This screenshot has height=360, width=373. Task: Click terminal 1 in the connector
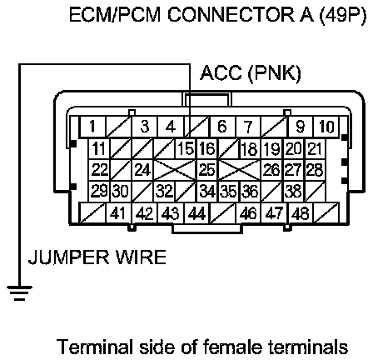(x=92, y=127)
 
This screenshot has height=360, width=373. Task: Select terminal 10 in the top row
(x=326, y=127)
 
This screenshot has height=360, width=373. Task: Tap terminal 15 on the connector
(x=186, y=148)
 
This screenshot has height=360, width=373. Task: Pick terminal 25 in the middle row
(x=207, y=170)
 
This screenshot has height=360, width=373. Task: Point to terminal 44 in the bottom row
(x=197, y=213)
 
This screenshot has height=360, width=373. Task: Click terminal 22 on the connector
(x=99, y=170)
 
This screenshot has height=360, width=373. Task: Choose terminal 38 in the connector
(x=294, y=192)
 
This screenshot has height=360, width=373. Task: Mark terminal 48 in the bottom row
(x=301, y=213)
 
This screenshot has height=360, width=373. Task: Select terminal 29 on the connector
(x=99, y=192)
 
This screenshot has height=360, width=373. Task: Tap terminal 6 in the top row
(x=222, y=127)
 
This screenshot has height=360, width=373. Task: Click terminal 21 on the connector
(x=316, y=148)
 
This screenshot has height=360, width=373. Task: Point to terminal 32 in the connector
(x=164, y=192)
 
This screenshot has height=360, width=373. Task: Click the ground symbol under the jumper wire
(x=19, y=292)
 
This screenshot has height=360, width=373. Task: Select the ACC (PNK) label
(x=251, y=73)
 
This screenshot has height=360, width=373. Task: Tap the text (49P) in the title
(x=343, y=15)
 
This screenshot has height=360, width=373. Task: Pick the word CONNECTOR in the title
(x=231, y=15)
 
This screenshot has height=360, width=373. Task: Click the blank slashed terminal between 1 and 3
(x=118, y=127)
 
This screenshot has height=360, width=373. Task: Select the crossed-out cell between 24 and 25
(x=175, y=170)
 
